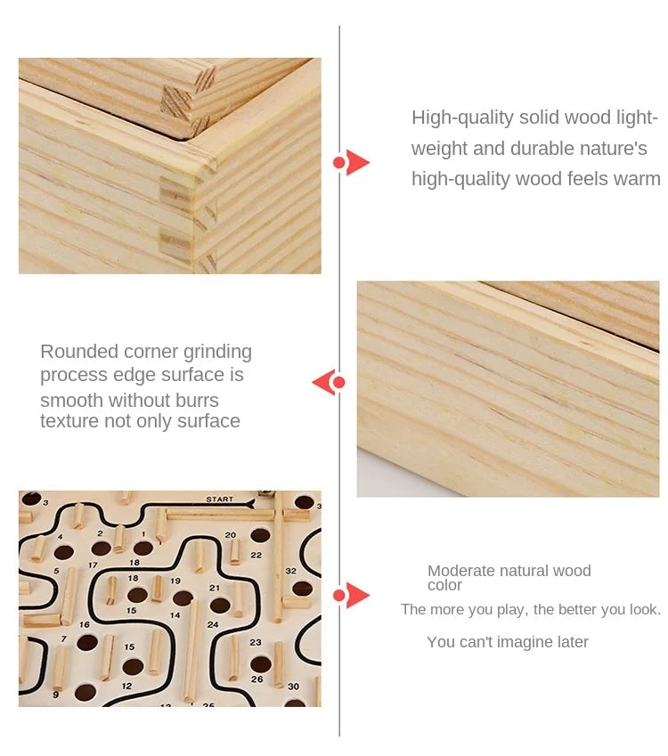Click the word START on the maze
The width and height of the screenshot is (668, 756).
click(219, 499)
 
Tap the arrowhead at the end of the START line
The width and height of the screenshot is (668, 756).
click(250, 504)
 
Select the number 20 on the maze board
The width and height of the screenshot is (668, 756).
click(231, 534)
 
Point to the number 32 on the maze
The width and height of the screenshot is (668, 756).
click(291, 571)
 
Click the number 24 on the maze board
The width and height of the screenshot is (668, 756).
click(213, 624)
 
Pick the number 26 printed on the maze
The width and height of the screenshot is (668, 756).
click(257, 679)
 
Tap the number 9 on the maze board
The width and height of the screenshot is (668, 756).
click(56, 695)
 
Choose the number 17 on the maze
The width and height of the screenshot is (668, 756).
click(94, 565)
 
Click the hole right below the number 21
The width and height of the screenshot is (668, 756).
click(220, 606)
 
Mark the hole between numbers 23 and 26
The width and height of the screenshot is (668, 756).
click(261, 663)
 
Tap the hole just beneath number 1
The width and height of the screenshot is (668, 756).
click(143, 549)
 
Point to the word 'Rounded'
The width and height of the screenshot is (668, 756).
click(79, 352)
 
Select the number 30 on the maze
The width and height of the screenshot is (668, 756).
click(293, 686)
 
